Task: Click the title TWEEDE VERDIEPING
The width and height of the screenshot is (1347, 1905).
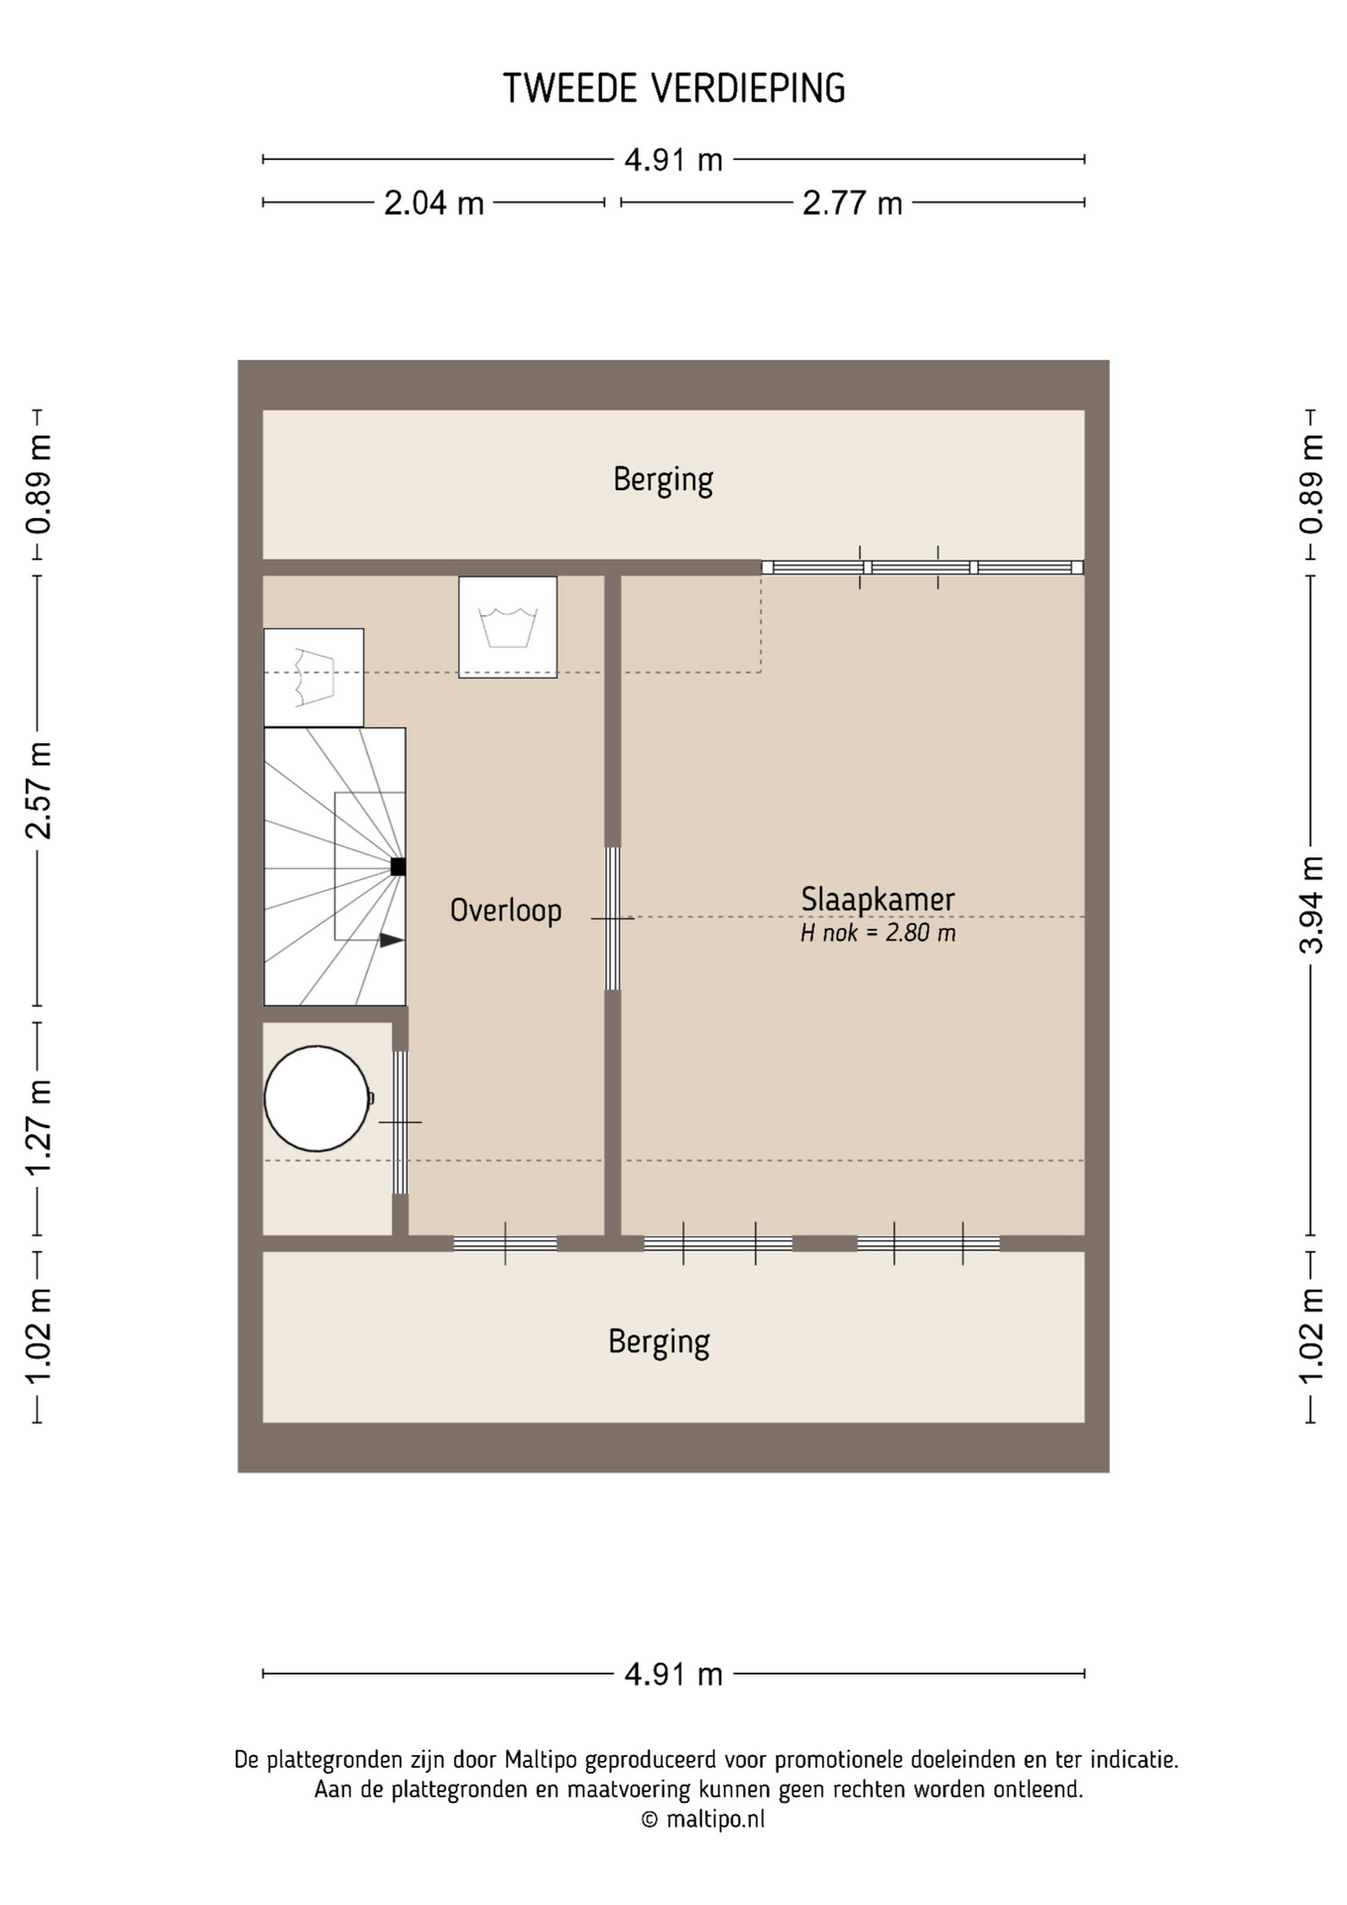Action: (x=673, y=89)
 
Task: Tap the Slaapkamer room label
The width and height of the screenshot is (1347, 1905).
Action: (x=878, y=899)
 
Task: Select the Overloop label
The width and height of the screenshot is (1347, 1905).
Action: (x=506, y=910)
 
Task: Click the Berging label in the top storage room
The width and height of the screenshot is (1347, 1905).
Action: (x=663, y=479)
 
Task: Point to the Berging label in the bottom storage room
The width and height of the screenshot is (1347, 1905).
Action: (x=659, y=1341)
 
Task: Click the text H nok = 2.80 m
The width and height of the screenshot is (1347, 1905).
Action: (x=878, y=933)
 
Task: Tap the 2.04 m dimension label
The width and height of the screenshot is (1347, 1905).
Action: (x=433, y=203)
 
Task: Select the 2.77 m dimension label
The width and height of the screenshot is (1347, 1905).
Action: (x=852, y=203)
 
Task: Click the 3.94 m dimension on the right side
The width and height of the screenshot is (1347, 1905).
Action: (x=1311, y=905)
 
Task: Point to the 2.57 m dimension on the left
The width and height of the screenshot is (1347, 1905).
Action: (x=38, y=790)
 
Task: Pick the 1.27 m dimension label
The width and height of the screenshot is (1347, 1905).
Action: (x=38, y=1128)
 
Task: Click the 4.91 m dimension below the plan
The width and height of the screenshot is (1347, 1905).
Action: (x=673, y=1675)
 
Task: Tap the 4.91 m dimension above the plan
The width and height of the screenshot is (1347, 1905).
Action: (x=673, y=160)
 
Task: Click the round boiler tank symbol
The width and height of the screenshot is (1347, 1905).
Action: (x=317, y=1098)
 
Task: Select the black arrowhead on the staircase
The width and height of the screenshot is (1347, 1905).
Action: (x=392, y=940)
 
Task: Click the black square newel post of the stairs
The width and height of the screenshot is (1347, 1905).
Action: (x=398, y=866)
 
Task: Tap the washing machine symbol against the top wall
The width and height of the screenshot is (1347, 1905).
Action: (x=508, y=627)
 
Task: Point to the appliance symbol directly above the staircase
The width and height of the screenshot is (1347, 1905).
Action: (x=313, y=678)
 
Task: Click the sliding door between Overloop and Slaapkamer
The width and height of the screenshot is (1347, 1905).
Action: (x=613, y=919)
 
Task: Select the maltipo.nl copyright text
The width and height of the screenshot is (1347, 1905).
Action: (x=703, y=1820)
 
